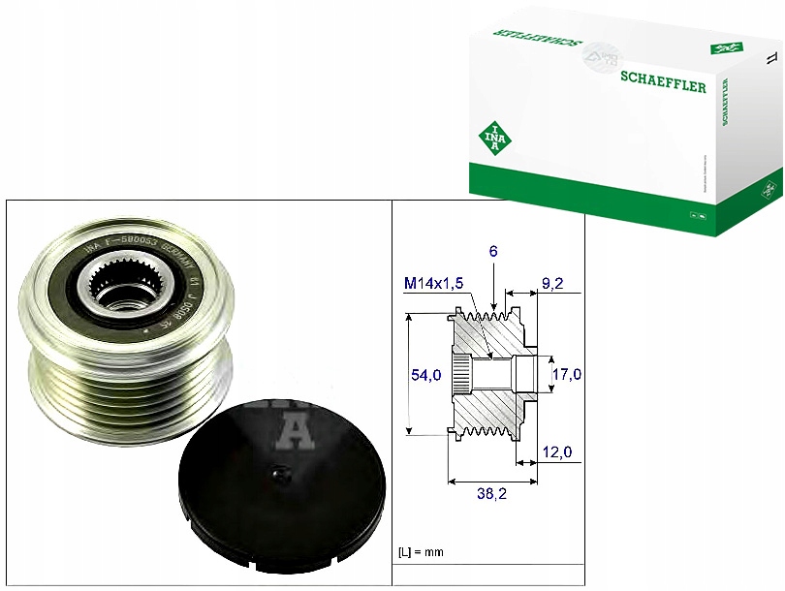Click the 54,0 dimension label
pyautogui.click(x=427, y=374)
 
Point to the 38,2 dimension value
pyautogui.click(x=493, y=493)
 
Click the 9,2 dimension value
pyautogui.click(x=551, y=284)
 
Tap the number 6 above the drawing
pyautogui.click(x=493, y=251)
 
